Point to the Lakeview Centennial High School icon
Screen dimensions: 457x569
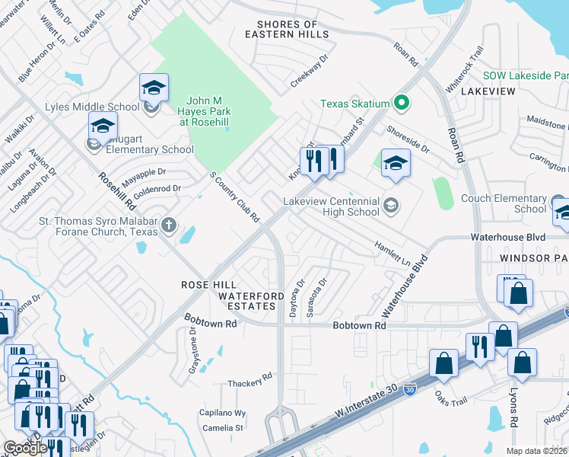point(390,203)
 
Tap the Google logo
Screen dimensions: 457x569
point(24,448)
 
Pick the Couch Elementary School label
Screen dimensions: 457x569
point(504,203)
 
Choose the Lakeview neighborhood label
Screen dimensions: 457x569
point(488,91)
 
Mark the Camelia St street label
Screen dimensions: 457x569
point(228,428)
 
